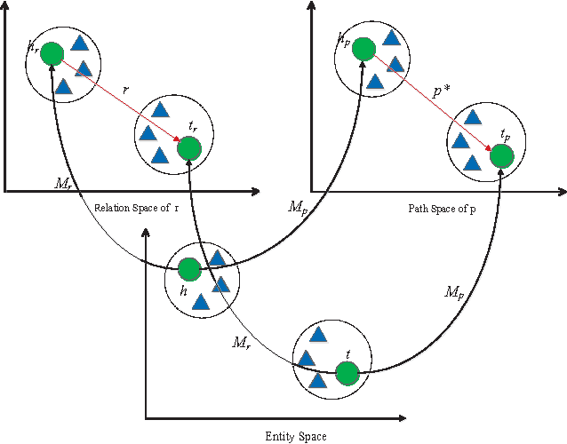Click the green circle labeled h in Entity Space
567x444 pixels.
click(188, 269)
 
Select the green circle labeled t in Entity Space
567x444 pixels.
click(347, 375)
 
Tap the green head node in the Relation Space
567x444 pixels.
click(52, 54)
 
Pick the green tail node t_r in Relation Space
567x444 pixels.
click(188, 147)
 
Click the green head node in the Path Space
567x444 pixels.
click(361, 50)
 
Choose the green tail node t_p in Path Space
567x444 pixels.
click(501, 156)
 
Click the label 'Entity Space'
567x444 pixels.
click(296, 436)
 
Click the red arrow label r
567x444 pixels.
click(125, 90)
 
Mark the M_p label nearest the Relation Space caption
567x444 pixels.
click(298, 206)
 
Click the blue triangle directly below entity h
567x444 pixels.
click(201, 303)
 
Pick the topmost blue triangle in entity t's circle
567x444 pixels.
click(318, 336)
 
